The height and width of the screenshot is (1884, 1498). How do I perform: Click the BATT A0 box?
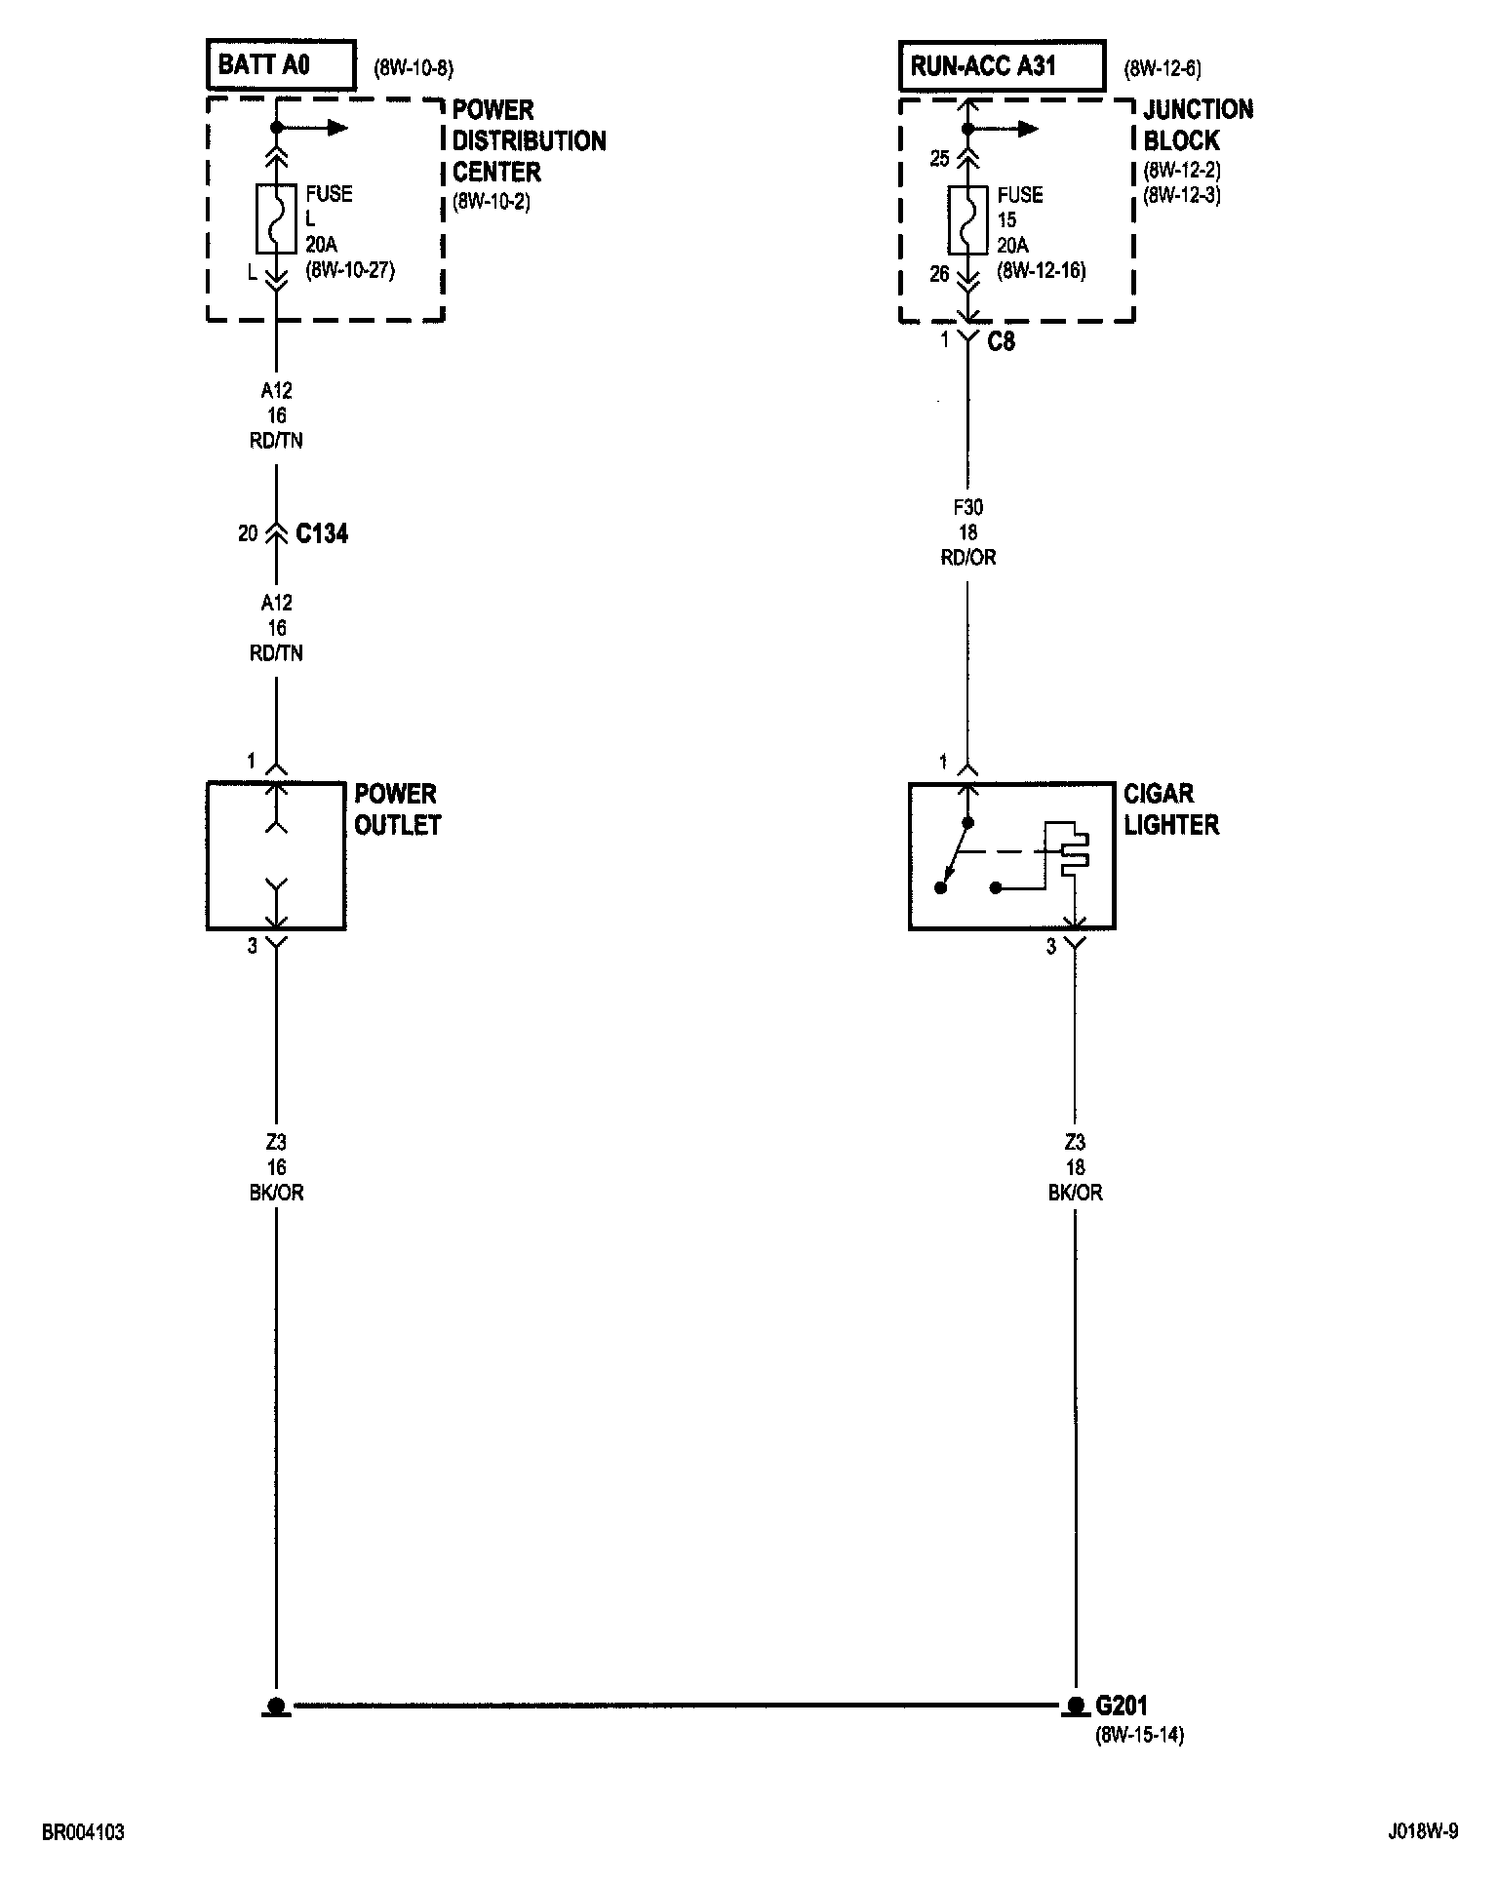280,65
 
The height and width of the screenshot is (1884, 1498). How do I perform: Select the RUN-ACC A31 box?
1002,65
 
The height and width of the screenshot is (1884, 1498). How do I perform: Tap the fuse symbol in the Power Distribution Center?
276,218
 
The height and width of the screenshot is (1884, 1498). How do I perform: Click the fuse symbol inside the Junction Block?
968,219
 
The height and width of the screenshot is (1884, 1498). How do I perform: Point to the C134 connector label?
322,533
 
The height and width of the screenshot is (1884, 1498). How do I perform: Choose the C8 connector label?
1002,341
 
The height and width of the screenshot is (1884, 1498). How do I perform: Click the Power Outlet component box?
276,855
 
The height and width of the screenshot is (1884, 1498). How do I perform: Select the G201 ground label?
1122,1706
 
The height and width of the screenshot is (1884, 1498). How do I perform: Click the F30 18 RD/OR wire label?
968,532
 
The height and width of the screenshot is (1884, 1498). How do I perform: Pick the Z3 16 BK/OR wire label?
276,1167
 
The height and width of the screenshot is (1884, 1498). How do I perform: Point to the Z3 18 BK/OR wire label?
1076,1167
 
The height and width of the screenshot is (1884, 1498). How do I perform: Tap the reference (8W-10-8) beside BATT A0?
414,68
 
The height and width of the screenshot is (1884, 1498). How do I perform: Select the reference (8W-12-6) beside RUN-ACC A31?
1163,68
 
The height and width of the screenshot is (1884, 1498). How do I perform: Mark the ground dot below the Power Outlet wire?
276,1706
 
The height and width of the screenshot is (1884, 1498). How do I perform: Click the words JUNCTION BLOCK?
1199,125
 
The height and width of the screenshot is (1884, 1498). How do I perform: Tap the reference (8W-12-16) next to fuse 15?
1041,271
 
